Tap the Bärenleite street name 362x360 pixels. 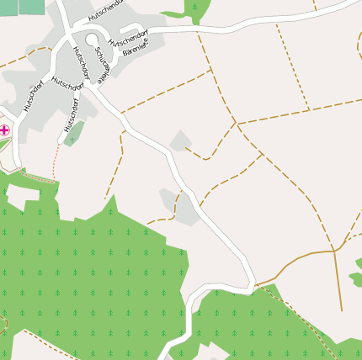(x=140, y=52)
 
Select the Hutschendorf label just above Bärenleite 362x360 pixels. (x=129, y=40)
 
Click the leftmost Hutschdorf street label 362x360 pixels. (x=32, y=97)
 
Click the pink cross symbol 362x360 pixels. (x=4, y=130)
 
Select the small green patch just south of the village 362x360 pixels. (x=74, y=133)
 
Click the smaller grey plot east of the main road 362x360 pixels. (x=179, y=140)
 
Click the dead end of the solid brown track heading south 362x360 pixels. (x=343, y=310)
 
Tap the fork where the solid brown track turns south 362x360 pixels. (x=335, y=251)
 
